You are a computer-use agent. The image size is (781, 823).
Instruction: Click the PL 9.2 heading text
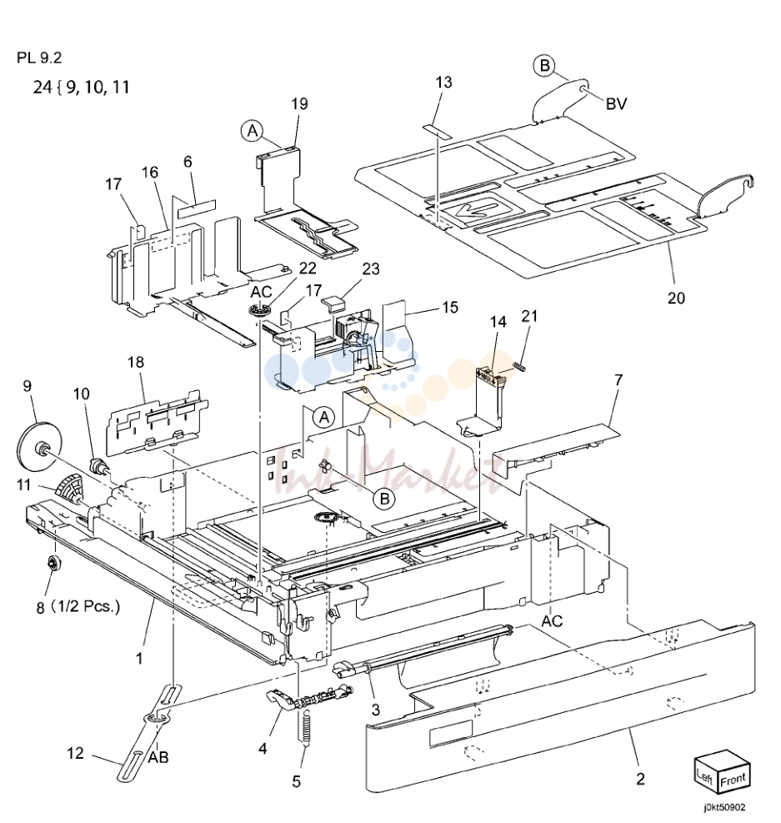coord(39,58)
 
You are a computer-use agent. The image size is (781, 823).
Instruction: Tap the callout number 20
coord(676,299)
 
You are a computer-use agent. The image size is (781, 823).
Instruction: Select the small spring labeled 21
coord(519,368)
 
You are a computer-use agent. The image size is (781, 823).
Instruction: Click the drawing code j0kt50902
coord(724,808)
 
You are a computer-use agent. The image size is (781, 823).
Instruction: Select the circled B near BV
coord(544,66)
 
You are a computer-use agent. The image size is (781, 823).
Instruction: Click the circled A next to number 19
coord(253,130)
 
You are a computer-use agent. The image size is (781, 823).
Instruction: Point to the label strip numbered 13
coord(437,131)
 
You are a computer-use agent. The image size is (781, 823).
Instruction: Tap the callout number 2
coord(640,778)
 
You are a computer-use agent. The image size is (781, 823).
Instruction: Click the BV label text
coord(616,104)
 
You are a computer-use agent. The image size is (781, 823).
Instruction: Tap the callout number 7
coord(618,379)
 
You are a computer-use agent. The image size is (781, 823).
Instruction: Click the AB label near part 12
coord(158,757)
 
